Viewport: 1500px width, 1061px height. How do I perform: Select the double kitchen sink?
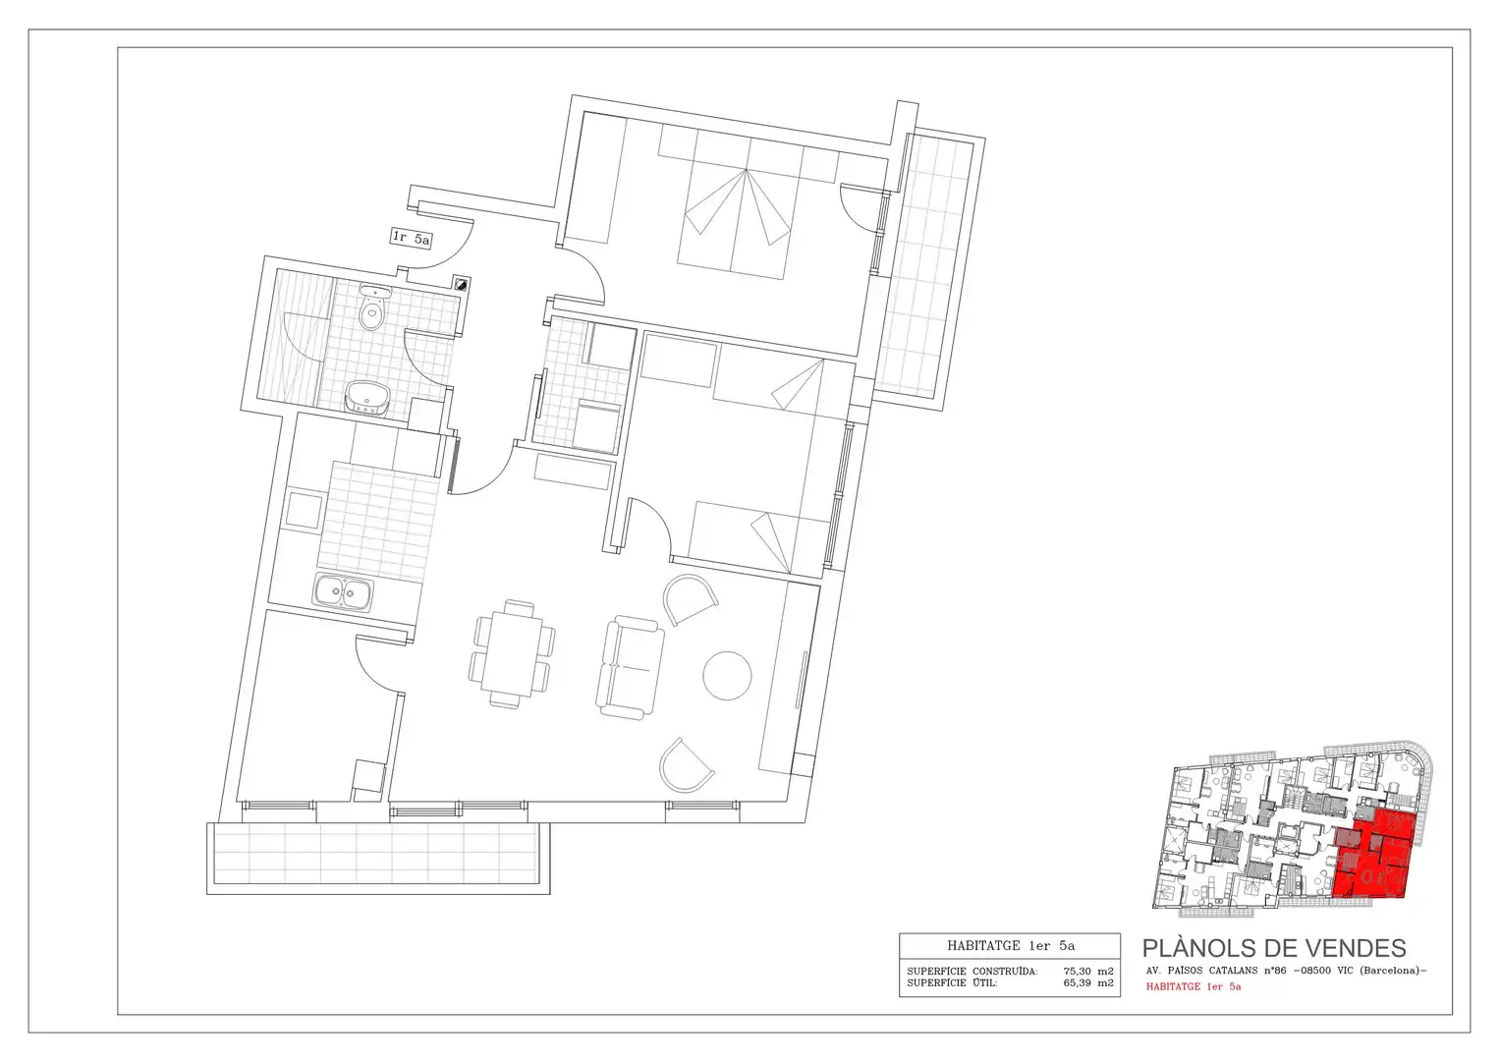[343, 592]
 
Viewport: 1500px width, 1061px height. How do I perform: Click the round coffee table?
[727, 676]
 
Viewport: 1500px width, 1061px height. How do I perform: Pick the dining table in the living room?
[515, 653]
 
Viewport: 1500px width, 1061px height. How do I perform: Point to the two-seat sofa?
[630, 668]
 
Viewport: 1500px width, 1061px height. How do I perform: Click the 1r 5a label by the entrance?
[412, 238]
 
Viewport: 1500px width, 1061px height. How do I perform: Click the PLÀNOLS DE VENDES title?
[1274, 948]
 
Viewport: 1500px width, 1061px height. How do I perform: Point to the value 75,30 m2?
[1088, 972]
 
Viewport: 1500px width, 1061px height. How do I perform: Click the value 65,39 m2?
[1088, 983]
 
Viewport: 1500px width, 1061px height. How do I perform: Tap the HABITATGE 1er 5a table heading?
[1011, 946]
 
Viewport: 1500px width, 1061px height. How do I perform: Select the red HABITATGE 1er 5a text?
[1194, 986]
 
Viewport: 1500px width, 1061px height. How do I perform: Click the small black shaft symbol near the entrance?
[462, 284]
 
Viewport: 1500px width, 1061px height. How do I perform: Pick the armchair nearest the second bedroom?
[691, 599]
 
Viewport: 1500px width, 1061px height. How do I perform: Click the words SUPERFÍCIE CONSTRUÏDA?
[972, 972]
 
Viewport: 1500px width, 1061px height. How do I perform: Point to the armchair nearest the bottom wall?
[687, 765]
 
